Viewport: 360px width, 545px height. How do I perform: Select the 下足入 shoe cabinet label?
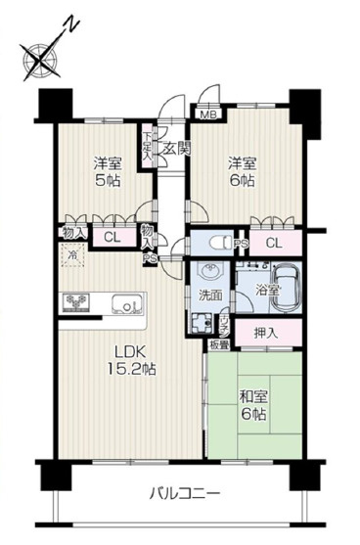tap(147, 144)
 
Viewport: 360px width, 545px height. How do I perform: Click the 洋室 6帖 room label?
tap(241, 171)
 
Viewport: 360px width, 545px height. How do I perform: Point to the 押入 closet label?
tap(265, 333)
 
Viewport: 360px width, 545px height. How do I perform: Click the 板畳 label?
tap(219, 343)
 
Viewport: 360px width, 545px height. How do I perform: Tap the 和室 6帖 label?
tap(253, 406)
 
